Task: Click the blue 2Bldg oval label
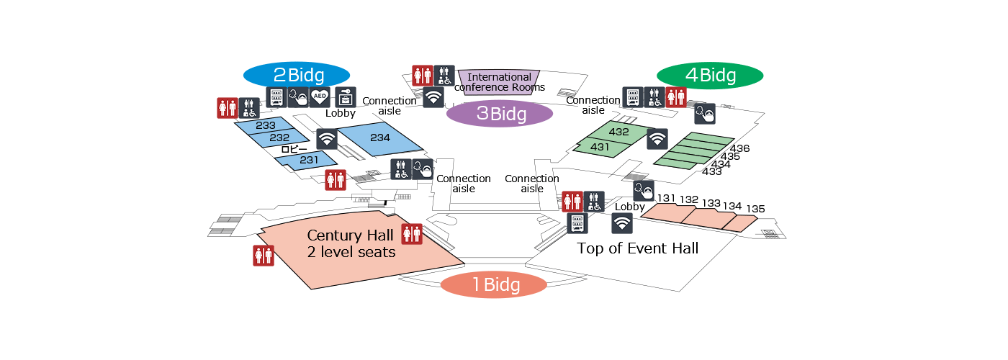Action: pos(297,75)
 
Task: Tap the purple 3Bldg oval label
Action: pos(500,114)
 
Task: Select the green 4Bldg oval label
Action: pos(710,75)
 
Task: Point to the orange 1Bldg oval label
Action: pos(494,284)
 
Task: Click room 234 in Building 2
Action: pos(380,138)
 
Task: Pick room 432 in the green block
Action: pos(618,132)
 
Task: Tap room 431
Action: pos(600,147)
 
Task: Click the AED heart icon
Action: pos(320,97)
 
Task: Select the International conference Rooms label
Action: pos(500,82)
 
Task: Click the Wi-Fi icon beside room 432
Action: pos(657,139)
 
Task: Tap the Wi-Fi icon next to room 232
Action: pos(327,139)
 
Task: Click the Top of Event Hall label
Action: pos(638,248)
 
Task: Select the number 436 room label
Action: pos(740,148)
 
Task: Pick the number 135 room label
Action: pos(755,209)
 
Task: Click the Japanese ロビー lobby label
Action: pos(294,150)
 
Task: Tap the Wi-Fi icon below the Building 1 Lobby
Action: pos(622,223)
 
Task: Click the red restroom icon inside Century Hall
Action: pos(412,234)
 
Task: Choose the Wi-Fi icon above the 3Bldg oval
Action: pos(433,98)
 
